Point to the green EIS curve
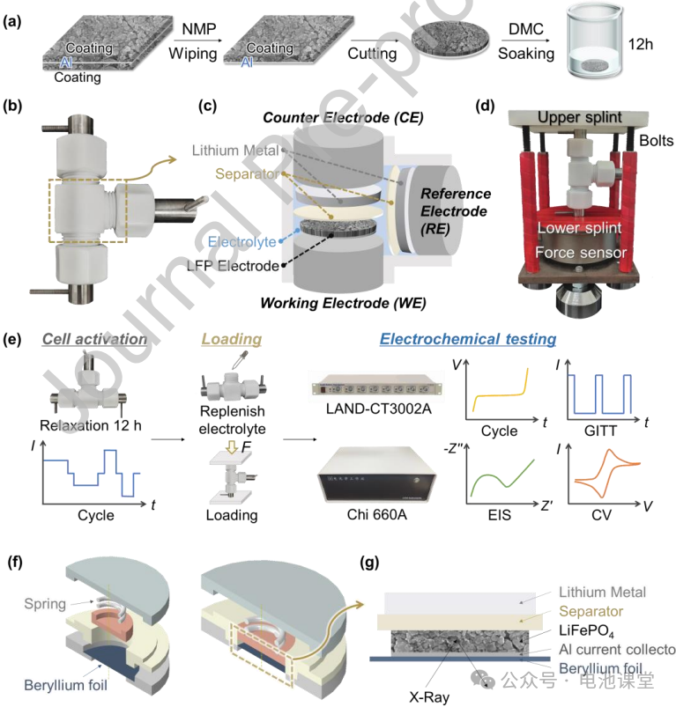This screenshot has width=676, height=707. point(499,478)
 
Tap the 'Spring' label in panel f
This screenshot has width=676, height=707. point(44,603)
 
